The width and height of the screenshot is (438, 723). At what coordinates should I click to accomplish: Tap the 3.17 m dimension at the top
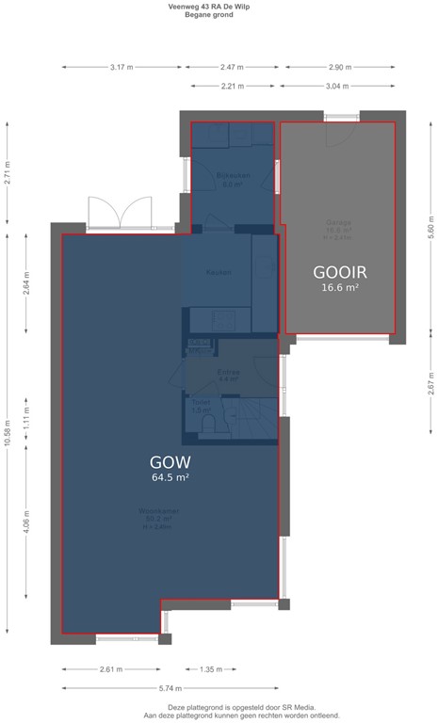click(x=122, y=68)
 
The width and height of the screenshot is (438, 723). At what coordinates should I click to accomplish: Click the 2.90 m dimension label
click(x=341, y=68)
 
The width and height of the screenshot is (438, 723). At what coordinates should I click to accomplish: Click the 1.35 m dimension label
click(x=212, y=669)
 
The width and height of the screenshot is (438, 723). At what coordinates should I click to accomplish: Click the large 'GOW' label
click(x=170, y=462)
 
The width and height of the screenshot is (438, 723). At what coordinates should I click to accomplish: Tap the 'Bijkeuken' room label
click(x=231, y=176)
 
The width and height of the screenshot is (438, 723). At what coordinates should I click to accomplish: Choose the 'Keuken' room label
click(x=219, y=273)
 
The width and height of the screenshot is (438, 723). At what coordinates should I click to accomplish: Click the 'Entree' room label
click(x=229, y=373)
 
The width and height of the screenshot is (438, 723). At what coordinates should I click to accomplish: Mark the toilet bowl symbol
click(x=209, y=425)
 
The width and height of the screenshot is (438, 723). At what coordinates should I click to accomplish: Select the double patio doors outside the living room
click(x=120, y=214)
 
